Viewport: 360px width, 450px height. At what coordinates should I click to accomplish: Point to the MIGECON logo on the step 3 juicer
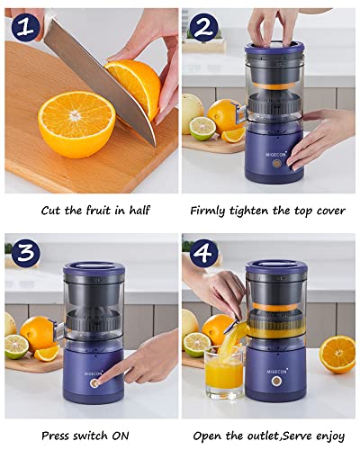93,367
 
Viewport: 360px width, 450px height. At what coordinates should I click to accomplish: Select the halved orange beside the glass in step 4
337,354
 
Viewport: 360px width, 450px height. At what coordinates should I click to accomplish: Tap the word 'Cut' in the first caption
51,211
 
